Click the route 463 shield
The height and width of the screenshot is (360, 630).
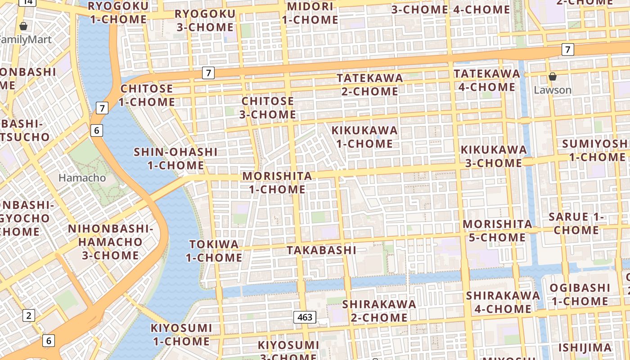tap(305, 317)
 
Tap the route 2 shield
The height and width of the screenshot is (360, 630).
tap(29, 315)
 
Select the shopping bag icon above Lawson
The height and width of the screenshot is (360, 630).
tap(553, 77)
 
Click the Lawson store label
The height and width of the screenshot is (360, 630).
tap(553, 90)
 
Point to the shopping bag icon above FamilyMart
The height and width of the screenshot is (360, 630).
tap(23, 27)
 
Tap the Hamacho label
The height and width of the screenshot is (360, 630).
tap(82, 178)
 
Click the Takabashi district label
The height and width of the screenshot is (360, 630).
tap(321, 250)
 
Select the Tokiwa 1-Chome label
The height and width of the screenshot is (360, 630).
tap(214, 251)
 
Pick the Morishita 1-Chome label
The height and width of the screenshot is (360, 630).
tap(277, 183)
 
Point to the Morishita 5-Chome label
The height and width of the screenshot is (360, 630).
tap(497, 230)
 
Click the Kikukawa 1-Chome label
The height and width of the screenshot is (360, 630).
tap(364, 137)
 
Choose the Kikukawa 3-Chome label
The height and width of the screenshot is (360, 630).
tap(493, 156)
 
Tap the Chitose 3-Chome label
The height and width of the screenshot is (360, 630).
tap(268, 108)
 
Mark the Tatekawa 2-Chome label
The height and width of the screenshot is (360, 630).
tap(370, 85)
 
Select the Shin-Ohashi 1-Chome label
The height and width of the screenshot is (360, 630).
tap(175, 158)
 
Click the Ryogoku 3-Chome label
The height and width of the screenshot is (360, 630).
tap(205, 20)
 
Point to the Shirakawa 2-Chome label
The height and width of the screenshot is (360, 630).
tap(379, 310)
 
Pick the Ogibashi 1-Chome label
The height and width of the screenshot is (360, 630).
tap(580, 294)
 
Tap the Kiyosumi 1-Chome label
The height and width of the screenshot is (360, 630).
tap(181, 334)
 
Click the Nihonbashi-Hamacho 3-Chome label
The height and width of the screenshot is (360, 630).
tap(110, 242)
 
